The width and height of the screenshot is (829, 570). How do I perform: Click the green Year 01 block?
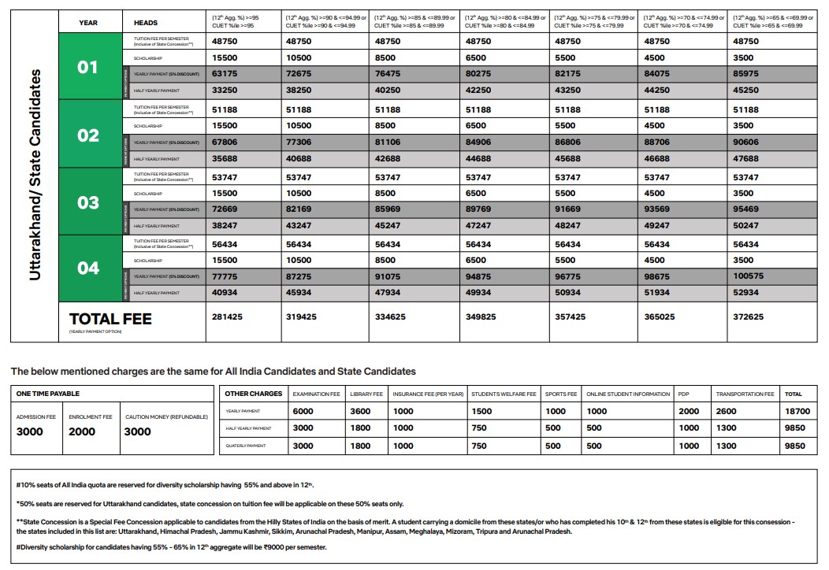pos(88,67)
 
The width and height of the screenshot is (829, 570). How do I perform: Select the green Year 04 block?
pos(88,268)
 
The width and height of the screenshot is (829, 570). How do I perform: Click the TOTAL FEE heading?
pos(110,319)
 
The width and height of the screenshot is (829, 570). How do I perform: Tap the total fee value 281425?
pos(227,316)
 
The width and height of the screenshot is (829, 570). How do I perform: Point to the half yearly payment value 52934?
pos(746,292)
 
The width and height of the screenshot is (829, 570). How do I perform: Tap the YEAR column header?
pos(88,23)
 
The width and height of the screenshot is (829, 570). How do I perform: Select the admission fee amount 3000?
pos(30,431)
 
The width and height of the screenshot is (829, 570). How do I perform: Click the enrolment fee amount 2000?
pos(82,431)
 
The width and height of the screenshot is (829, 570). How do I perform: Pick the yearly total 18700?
pos(797,411)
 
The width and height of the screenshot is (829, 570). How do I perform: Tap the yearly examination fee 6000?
pos(303,411)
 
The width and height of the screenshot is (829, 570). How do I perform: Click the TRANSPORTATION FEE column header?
pos(745,394)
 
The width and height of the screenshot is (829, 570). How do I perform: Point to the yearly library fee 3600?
pos(360,411)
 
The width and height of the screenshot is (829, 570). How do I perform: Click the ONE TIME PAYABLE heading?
pos(48,394)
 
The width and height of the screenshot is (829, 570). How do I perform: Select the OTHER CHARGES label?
pos(253,394)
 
